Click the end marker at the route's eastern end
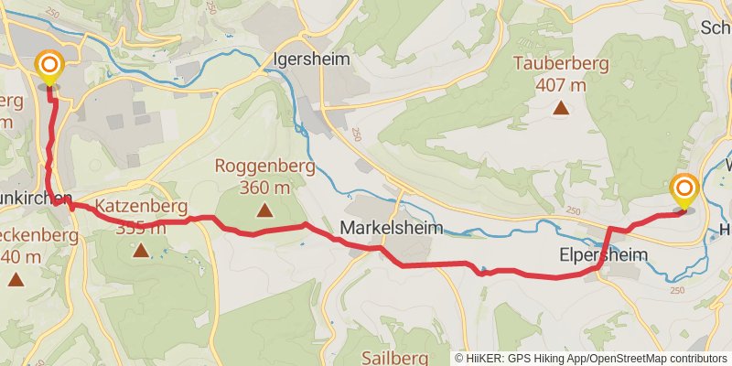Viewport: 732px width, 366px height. point(684,190)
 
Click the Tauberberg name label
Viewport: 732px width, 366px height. point(561,64)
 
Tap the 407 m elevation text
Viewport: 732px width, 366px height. point(561,85)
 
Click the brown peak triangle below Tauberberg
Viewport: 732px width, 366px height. point(561,108)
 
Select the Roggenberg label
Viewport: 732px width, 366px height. point(264,167)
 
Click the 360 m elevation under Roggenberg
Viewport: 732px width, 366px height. point(264,188)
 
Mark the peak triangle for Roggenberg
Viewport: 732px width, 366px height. point(264,210)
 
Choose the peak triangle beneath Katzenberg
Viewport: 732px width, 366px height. point(140,248)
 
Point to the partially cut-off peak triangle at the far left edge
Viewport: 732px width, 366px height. point(15,277)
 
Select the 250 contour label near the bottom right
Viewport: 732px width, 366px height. point(677,289)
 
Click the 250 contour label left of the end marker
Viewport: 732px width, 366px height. point(573,211)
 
